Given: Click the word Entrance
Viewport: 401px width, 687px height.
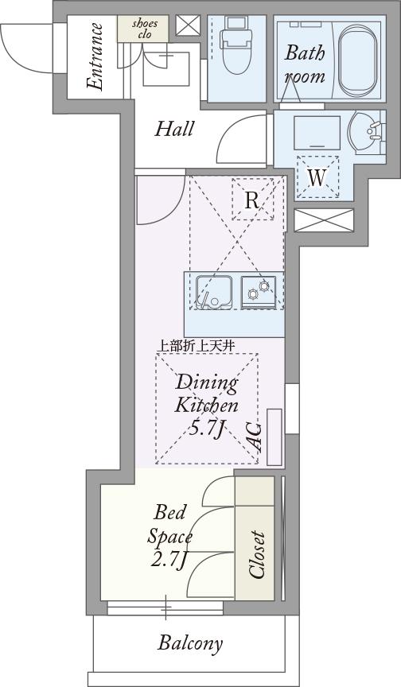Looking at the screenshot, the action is (95, 56).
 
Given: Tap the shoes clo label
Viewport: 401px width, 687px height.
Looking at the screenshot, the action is (145, 28).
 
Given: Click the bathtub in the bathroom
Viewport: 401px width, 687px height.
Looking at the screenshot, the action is (357, 60).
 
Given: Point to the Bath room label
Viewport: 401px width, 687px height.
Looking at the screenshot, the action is (305, 64).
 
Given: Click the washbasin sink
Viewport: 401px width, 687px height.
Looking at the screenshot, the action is (368, 132).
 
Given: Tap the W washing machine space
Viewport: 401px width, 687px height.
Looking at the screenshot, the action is (317, 177).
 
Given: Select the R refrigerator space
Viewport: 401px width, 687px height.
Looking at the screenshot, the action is (252, 200).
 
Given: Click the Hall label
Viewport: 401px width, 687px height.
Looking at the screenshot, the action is (174, 129).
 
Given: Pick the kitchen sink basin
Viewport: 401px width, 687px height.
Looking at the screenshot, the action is (214, 291).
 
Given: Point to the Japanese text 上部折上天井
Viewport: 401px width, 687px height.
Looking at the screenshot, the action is (196, 345).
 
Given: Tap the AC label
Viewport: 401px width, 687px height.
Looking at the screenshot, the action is (253, 437).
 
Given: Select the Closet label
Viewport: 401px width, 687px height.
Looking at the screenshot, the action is (256, 555).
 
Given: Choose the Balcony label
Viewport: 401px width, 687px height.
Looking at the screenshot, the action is (190, 643).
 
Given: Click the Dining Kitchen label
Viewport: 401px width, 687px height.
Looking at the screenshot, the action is (207, 393).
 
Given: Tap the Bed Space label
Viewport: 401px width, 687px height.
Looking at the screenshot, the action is (169, 523).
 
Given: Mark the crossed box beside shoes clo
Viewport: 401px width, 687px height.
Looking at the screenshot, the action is (188, 25).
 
